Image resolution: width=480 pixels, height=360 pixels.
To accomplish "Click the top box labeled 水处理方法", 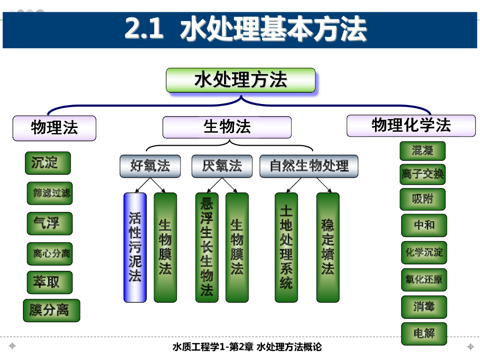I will [x=240, y=80].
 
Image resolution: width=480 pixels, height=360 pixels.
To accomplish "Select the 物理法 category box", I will [x=54, y=128].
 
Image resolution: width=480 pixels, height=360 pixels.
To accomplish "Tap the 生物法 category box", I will [x=227, y=127].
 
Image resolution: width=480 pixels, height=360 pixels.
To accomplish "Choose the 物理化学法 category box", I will [x=411, y=126].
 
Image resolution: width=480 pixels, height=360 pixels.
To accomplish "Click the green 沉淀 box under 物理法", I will [x=48, y=163].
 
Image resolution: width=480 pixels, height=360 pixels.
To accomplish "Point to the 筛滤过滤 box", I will [x=50, y=193].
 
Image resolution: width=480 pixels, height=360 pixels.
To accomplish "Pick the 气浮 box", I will [x=50, y=223].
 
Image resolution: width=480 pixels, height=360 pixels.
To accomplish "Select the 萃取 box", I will [x=50, y=282].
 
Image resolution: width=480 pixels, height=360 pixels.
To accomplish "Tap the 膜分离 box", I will [x=52, y=310].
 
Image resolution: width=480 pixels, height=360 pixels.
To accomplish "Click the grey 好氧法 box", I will [x=150, y=166].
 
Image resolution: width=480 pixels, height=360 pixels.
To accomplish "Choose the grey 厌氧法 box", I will [x=222, y=166].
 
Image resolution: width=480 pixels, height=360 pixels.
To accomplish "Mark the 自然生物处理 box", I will [x=309, y=166].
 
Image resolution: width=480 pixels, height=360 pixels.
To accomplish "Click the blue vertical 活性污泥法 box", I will [x=135, y=247].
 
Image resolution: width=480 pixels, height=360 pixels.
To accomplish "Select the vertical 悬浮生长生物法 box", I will [x=207, y=247].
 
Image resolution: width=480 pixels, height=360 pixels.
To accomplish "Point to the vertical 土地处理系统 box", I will [x=286, y=247].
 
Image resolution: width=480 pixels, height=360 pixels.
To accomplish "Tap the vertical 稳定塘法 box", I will [x=328, y=247].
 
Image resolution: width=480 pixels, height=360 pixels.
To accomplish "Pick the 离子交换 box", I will [x=422, y=175].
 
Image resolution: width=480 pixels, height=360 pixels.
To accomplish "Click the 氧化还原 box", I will [x=424, y=280].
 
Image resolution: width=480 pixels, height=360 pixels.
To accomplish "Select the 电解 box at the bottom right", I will [x=424, y=334].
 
